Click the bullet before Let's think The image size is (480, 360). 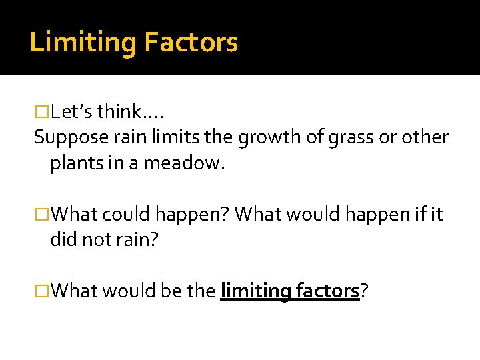click(x=42, y=111)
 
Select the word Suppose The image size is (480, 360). click(x=65, y=138)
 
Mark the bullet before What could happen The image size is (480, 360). click(x=42, y=215)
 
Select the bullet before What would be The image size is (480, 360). click(x=42, y=291)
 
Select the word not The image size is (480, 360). click(x=93, y=240)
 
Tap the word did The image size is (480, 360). click(x=62, y=240)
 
